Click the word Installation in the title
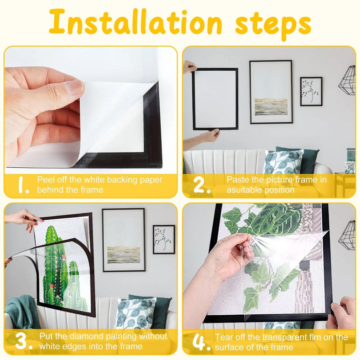(135, 22)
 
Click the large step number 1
(23, 185)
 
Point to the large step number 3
(24, 342)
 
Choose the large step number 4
(201, 342)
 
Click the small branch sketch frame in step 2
(311, 91)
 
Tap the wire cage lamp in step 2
(348, 81)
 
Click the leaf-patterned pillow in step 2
(283, 162)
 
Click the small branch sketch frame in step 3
(164, 239)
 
